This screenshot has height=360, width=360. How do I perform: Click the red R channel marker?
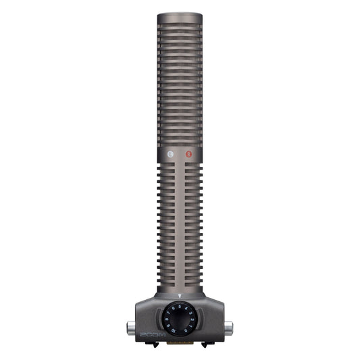point(189,155)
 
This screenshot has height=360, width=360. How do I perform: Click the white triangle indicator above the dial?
point(180,295)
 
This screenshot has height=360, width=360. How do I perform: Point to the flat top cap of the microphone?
point(180,16)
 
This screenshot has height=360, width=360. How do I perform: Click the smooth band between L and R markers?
point(180,155)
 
